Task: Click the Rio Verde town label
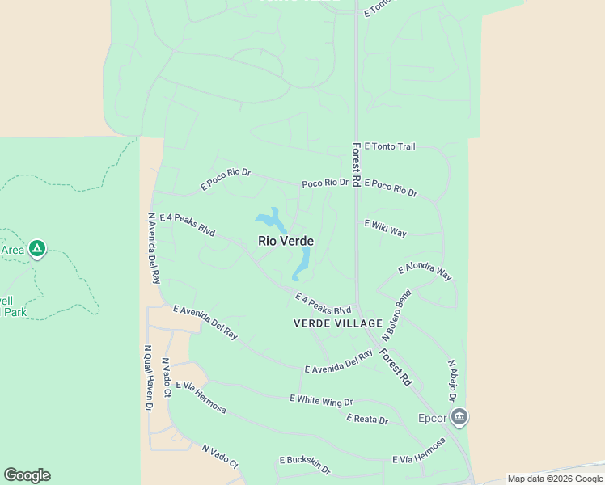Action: (286, 241)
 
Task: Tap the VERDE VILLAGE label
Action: (337, 323)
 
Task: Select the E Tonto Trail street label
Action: (390, 146)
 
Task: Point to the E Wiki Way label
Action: (386, 228)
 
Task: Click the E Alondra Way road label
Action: (425, 272)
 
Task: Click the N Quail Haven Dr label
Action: (148, 378)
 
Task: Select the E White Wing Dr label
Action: (321, 400)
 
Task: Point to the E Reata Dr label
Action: (367, 420)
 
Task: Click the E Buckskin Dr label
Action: (305, 465)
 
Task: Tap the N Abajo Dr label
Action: (452, 382)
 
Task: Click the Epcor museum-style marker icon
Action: (459, 418)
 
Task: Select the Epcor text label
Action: (433, 419)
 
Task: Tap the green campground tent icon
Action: (36, 248)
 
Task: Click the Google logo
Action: (27, 475)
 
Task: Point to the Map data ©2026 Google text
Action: (555, 479)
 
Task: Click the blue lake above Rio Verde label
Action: (270, 218)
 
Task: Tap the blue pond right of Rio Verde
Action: (303, 261)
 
